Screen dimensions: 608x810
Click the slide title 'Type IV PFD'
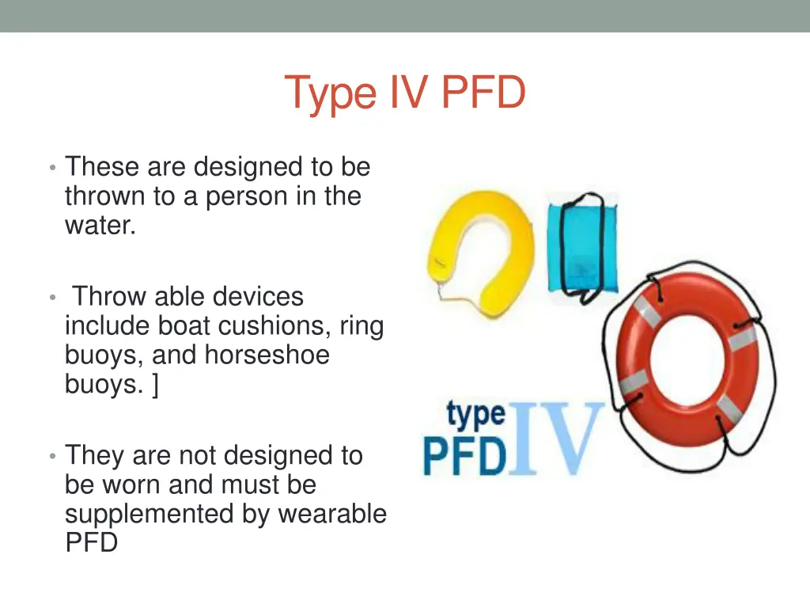[x=404, y=93]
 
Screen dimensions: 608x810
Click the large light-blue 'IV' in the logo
[x=557, y=439]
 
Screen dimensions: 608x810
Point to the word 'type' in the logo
[x=475, y=414]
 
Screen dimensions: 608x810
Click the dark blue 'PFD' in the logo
[x=464, y=456]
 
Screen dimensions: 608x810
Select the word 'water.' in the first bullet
[x=100, y=226]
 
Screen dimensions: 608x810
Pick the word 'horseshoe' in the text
[x=267, y=355]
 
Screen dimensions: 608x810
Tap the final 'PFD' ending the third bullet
[x=91, y=544]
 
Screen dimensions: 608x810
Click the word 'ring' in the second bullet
[x=361, y=326]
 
